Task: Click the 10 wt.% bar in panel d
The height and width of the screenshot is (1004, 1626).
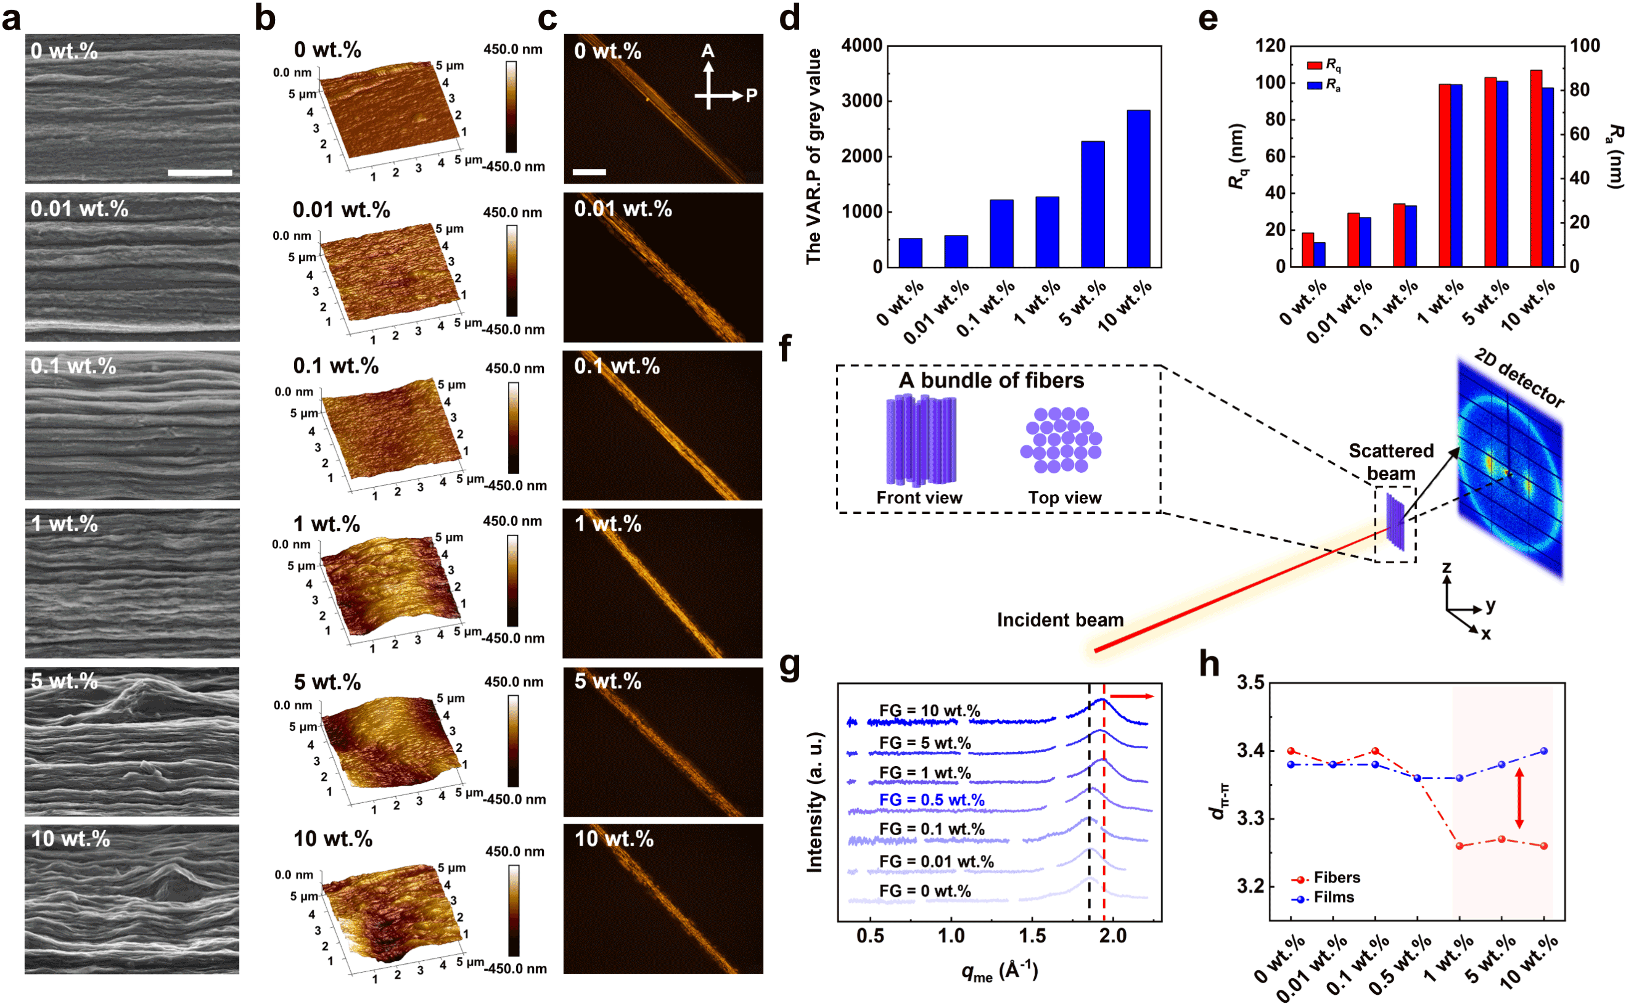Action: point(1138,189)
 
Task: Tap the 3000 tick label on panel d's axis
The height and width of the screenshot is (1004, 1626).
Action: point(861,101)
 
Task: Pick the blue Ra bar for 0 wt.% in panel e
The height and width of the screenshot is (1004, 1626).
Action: point(1319,255)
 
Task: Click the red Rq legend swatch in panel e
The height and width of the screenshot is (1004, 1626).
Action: point(1314,65)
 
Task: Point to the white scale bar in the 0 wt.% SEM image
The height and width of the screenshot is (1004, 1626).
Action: point(200,173)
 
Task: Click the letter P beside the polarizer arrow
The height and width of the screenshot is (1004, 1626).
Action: point(751,96)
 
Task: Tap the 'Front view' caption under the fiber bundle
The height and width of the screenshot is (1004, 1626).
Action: point(919,497)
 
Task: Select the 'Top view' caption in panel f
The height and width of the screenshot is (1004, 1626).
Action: point(1065,497)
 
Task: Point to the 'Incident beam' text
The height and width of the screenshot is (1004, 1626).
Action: point(1060,619)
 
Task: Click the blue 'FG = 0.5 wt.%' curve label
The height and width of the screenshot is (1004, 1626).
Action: point(931,800)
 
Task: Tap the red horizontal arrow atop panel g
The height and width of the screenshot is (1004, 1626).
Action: point(1132,696)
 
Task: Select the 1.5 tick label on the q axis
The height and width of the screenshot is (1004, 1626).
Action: point(1032,936)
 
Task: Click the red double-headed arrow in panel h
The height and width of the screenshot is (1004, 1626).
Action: point(1519,798)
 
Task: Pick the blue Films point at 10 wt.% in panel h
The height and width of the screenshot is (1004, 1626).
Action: point(1543,751)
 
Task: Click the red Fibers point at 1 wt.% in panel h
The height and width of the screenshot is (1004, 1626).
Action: point(1460,846)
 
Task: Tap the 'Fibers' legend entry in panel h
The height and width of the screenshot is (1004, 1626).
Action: point(1336,878)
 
